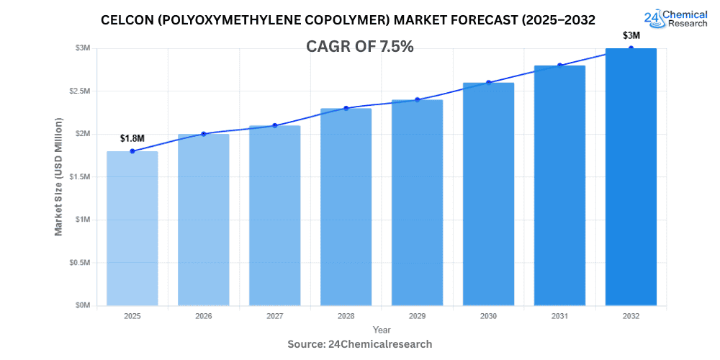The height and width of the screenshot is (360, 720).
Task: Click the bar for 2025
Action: pyautogui.click(x=132, y=228)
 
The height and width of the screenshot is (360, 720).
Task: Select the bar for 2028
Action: pyautogui.click(x=346, y=207)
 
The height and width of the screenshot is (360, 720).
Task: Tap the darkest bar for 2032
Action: pyautogui.click(x=631, y=176)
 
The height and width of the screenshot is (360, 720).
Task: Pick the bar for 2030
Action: pyautogui.click(x=488, y=194)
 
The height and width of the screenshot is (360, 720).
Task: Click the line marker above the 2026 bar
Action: pyautogui.click(x=203, y=134)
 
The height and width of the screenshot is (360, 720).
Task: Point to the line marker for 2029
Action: pyautogui.click(x=417, y=99)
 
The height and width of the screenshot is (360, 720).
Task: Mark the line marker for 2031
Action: pyautogui.click(x=559, y=66)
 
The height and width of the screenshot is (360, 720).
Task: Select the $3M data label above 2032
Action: pyautogui.click(x=631, y=35)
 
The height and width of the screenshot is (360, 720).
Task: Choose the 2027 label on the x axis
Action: pyautogui.click(x=274, y=316)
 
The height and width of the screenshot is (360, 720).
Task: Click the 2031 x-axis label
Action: pyautogui.click(x=559, y=316)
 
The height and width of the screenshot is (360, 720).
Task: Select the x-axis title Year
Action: pyautogui.click(x=382, y=329)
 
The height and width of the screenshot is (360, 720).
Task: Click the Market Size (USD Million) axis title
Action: pyautogui.click(x=58, y=176)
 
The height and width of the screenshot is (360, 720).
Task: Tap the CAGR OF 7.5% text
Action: pyautogui.click(x=360, y=47)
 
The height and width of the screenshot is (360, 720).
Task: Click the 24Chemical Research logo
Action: pyautogui.click(x=677, y=18)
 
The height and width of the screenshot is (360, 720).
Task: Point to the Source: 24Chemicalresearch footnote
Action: pyautogui.click(x=360, y=344)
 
